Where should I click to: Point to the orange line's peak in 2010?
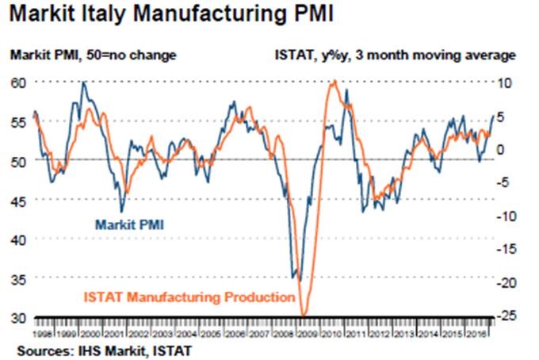pos(334,81)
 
